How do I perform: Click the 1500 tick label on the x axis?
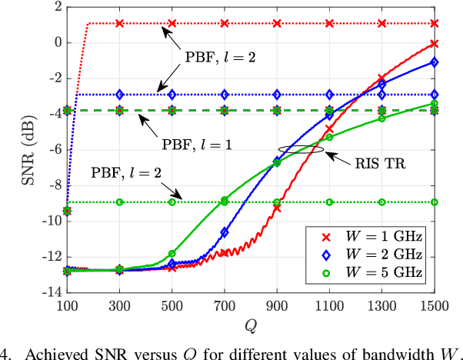(435, 306)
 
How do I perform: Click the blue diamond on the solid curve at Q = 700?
(225, 232)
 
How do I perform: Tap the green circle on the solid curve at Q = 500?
(172, 253)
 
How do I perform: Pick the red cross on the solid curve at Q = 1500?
(435, 44)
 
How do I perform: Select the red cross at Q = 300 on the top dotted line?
(119, 23)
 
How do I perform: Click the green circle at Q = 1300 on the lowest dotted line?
(382, 202)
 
